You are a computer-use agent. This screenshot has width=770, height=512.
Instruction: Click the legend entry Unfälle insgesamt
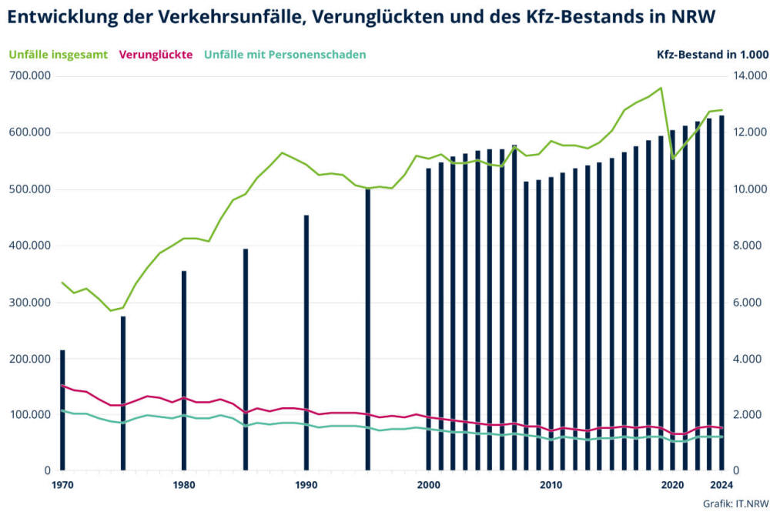(x=59, y=55)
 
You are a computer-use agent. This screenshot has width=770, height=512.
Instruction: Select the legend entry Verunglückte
(x=156, y=55)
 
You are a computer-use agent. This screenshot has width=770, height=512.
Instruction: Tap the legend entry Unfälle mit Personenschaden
(x=285, y=55)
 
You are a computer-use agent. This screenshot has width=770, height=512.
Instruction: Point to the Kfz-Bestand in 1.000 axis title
(x=712, y=55)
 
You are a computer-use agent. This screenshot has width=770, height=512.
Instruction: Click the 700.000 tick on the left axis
(x=28, y=75)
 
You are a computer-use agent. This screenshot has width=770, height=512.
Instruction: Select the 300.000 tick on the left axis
(x=28, y=302)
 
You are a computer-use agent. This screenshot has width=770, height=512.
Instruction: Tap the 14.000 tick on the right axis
(x=746, y=75)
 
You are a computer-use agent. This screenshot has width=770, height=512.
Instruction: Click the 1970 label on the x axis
(x=62, y=485)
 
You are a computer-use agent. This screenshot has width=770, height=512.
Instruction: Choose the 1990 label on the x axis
(x=306, y=485)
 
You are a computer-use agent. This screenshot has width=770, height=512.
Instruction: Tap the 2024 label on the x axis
(x=720, y=485)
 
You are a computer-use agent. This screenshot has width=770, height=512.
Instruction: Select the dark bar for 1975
(x=123, y=393)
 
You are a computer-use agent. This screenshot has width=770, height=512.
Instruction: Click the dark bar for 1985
(x=246, y=359)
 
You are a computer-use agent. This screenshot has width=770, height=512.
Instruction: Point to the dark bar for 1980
(x=184, y=370)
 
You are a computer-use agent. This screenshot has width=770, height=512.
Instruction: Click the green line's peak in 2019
(x=661, y=88)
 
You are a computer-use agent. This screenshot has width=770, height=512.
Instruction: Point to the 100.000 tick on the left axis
(x=28, y=415)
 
